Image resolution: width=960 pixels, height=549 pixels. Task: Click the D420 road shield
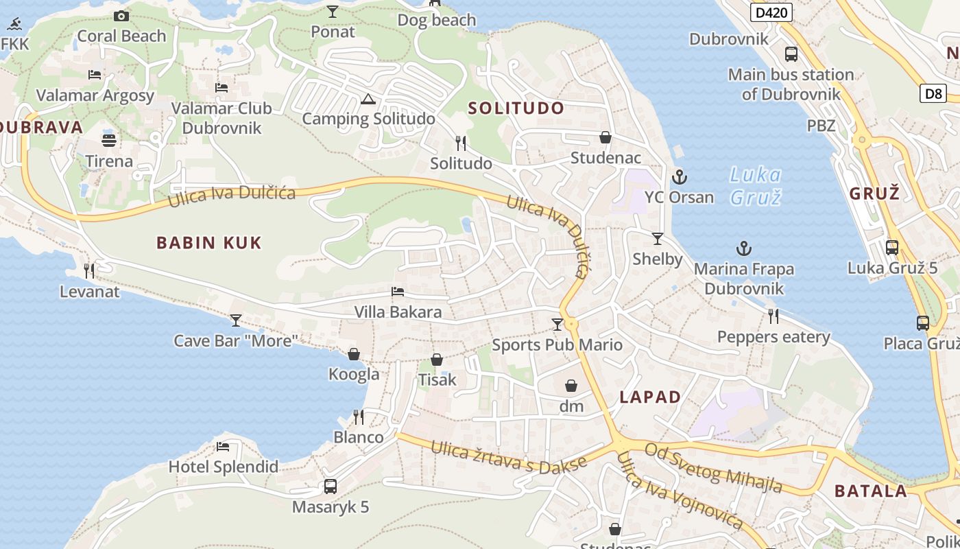pyautogui.click(x=771, y=12)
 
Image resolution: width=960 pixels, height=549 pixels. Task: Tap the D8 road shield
pyautogui.click(x=934, y=93)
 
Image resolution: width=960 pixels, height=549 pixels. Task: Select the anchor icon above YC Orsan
pyautogui.click(x=679, y=177)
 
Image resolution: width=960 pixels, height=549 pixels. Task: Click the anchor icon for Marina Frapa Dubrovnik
pyautogui.click(x=743, y=248)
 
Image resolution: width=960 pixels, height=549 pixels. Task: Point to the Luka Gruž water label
pyautogui.click(x=755, y=186)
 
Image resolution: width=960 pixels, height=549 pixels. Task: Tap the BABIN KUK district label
pyautogui.click(x=209, y=242)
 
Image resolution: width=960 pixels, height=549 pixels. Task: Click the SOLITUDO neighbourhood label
pyautogui.click(x=516, y=108)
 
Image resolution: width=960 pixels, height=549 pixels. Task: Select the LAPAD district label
pyautogui.click(x=650, y=397)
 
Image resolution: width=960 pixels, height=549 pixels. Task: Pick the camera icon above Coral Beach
pyautogui.click(x=121, y=16)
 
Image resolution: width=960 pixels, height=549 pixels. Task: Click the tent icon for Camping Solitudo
pyautogui.click(x=368, y=99)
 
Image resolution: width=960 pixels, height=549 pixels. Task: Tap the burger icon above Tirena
pyautogui.click(x=109, y=141)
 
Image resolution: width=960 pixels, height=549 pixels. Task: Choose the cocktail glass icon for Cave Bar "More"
pyautogui.click(x=236, y=320)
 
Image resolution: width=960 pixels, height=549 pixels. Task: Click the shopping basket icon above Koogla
pyautogui.click(x=354, y=354)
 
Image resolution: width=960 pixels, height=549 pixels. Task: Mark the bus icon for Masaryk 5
pyautogui.click(x=331, y=487)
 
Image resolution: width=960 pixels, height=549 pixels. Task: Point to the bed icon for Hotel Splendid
pyautogui.click(x=223, y=447)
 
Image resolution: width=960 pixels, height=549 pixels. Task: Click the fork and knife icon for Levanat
pyautogui.click(x=89, y=271)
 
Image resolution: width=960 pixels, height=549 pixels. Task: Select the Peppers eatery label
pyautogui.click(x=773, y=337)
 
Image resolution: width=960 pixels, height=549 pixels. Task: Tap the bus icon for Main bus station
pyautogui.click(x=791, y=54)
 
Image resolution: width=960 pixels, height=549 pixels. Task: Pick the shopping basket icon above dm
pyautogui.click(x=571, y=386)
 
